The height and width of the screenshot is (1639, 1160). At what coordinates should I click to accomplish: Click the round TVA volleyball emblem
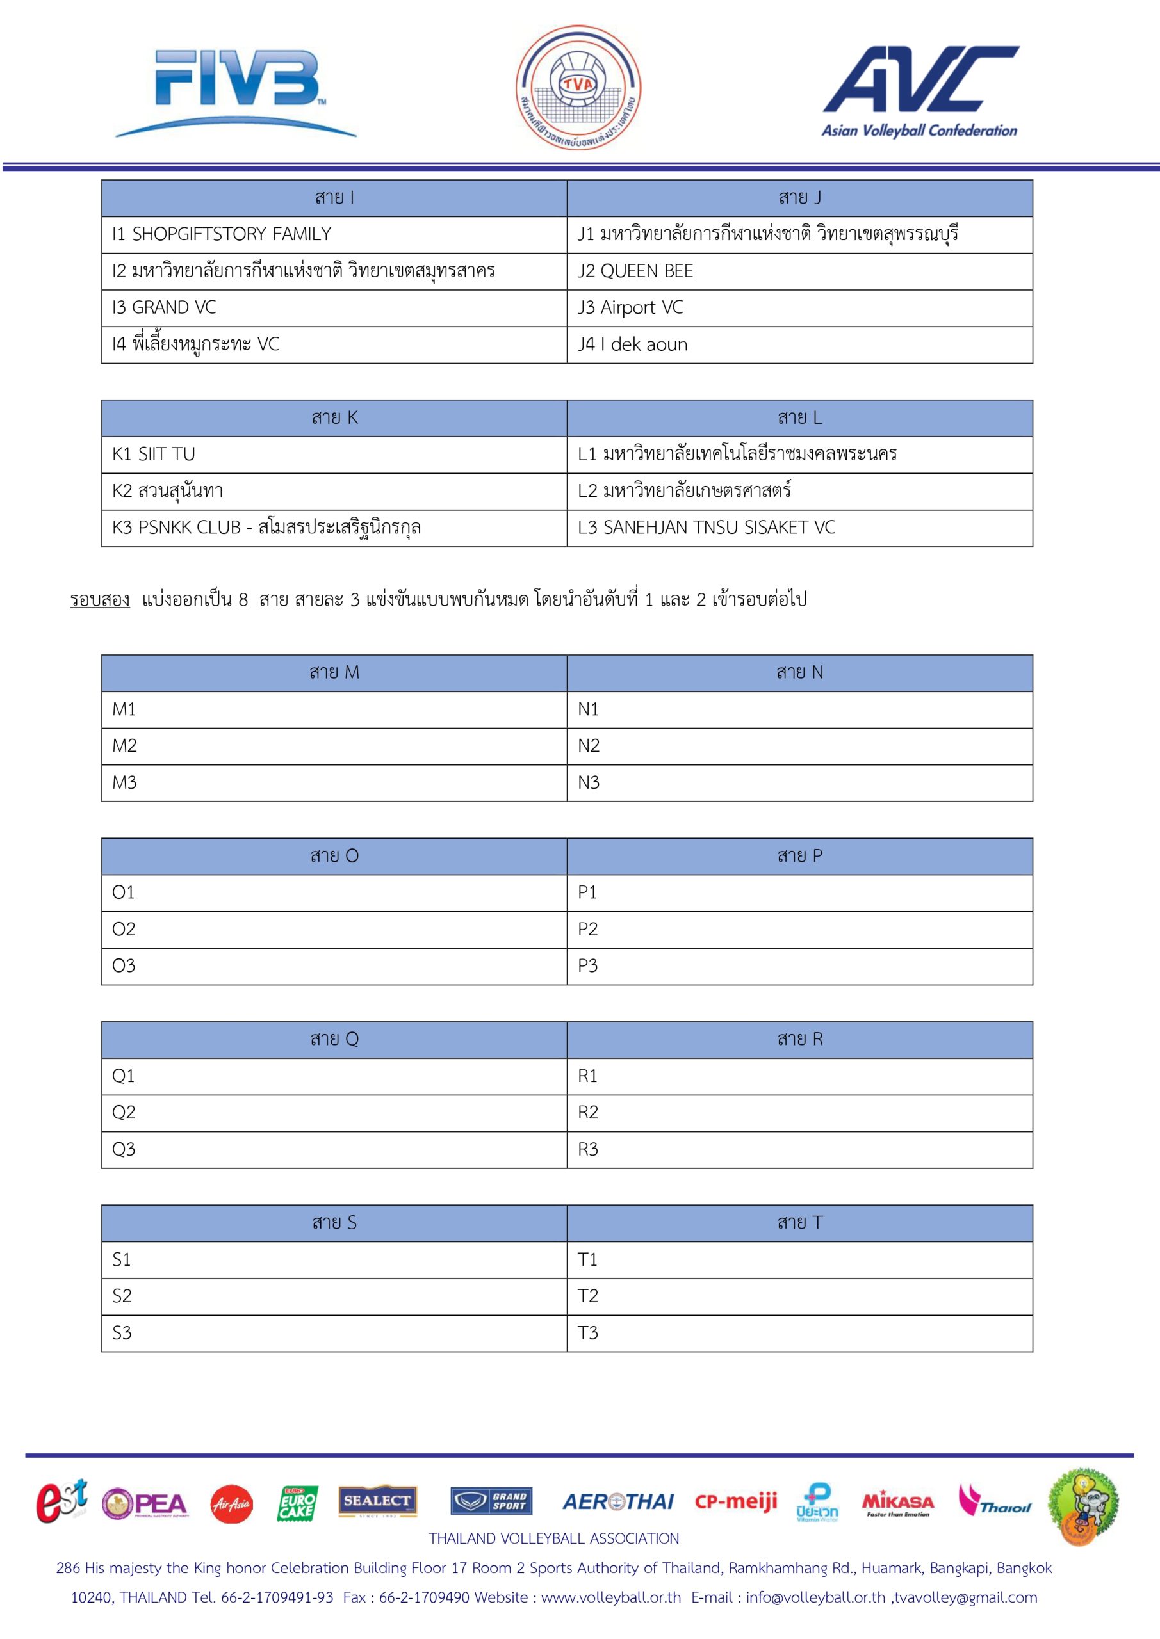(x=578, y=88)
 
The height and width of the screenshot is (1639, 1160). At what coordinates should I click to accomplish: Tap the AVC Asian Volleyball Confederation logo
(x=920, y=91)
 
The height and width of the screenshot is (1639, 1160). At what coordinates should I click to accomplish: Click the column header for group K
(x=334, y=417)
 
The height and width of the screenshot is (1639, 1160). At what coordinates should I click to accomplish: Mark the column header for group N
(x=799, y=672)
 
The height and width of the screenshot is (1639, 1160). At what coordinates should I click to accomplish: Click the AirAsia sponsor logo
(x=231, y=1504)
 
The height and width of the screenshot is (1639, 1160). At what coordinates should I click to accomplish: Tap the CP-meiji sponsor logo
(x=736, y=1501)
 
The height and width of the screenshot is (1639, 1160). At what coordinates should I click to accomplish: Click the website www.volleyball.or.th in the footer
(x=610, y=1597)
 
